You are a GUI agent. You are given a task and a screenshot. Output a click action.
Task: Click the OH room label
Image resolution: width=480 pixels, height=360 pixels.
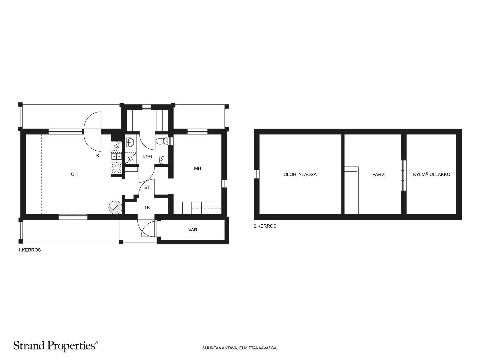[74, 174]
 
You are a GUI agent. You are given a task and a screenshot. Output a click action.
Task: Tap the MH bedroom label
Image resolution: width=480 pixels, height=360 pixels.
[197, 168]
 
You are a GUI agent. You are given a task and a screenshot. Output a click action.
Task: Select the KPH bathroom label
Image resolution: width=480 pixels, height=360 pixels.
[147, 157]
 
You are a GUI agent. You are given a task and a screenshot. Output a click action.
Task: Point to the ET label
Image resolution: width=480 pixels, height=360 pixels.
[147, 187]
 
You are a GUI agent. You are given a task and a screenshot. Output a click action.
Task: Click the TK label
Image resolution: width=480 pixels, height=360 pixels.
[147, 207]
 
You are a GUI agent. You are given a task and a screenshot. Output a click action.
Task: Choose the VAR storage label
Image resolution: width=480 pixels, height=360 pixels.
[193, 230]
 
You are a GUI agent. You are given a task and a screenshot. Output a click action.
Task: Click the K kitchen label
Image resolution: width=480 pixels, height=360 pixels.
[98, 156]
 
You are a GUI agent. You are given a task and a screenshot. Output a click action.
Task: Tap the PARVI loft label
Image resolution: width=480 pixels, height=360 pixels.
[379, 174]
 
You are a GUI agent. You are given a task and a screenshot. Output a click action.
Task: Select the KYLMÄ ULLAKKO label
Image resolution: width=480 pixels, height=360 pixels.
[431, 174]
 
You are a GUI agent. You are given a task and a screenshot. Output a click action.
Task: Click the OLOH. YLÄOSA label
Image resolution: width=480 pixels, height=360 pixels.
[300, 174]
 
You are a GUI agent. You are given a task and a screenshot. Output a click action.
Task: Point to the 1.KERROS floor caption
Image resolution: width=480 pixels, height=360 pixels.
[29, 250]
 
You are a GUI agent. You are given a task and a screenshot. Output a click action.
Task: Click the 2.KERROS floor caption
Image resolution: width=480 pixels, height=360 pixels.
[265, 226]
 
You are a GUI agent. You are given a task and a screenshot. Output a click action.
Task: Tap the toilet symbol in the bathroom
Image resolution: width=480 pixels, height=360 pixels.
[162, 141]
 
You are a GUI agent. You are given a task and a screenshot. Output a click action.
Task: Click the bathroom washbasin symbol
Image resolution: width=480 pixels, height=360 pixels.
[130, 142]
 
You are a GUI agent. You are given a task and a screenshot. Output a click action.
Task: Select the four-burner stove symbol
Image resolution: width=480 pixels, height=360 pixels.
[117, 169]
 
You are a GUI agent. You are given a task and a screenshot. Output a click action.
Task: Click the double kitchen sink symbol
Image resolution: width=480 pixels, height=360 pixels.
[117, 157]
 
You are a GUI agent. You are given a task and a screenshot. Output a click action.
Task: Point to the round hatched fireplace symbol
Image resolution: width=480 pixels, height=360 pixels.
[115, 207]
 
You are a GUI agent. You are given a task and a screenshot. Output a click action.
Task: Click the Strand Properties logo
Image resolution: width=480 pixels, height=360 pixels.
[55, 346]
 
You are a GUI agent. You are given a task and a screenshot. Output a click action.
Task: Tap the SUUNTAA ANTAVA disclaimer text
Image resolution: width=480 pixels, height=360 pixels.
[240, 348]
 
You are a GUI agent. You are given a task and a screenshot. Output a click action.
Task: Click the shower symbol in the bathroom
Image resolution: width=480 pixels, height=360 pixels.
[162, 160]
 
